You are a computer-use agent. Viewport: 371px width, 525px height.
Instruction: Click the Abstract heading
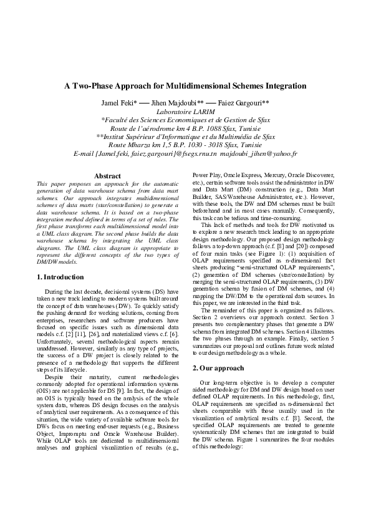[107, 176]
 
